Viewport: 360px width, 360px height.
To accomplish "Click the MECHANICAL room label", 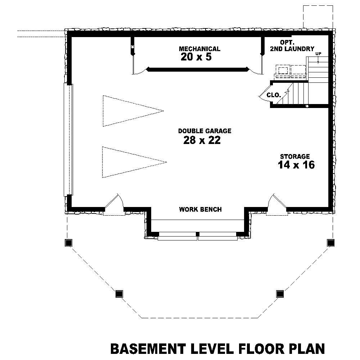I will (x=199, y=49).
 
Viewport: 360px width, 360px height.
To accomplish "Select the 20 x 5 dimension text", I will (x=196, y=57).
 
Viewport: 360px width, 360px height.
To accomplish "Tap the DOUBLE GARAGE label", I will (x=204, y=131).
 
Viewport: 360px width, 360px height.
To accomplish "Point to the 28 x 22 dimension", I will (x=202, y=140).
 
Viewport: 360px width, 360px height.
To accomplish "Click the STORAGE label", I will (x=295, y=157).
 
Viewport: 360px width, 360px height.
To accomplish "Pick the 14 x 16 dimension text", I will (x=296, y=165).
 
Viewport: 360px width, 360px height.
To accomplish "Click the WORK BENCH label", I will (x=200, y=209).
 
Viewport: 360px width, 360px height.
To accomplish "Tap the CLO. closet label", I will (x=273, y=95).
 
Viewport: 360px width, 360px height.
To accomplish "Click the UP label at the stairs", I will (x=318, y=54).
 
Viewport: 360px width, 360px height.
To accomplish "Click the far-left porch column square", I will (x=68, y=243).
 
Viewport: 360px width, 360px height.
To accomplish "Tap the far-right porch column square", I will (x=330, y=243).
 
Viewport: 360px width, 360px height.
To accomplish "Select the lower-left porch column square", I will (x=119, y=294).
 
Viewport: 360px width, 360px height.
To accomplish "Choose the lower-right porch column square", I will (x=279, y=294).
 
